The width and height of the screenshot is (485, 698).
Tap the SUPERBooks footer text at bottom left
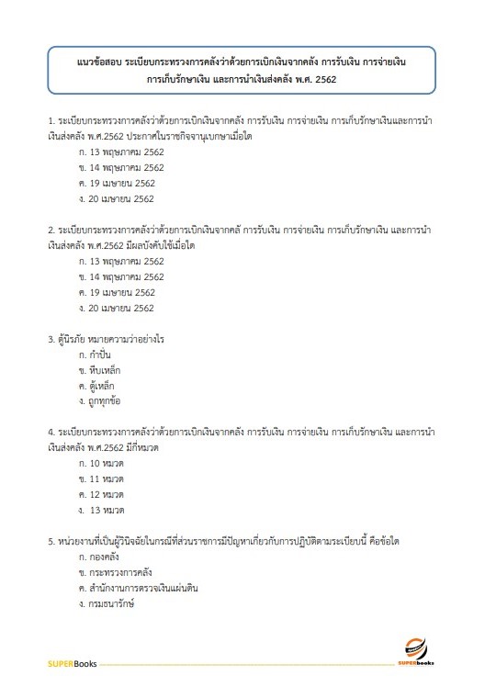(72, 662)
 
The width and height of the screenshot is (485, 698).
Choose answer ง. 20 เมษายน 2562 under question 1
(117, 197)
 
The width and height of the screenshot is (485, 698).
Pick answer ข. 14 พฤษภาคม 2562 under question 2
(122, 276)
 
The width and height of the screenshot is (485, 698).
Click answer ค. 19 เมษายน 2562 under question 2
(117, 292)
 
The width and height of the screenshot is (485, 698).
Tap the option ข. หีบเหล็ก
(100, 370)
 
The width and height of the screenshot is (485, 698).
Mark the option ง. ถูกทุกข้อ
(101, 401)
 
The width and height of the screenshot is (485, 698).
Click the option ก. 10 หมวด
(101, 463)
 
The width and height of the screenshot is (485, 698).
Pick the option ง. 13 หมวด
(102, 510)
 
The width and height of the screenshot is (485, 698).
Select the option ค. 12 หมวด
(101, 494)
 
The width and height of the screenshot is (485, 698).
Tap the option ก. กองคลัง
(101, 557)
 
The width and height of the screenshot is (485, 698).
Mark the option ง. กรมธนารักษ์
(108, 603)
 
